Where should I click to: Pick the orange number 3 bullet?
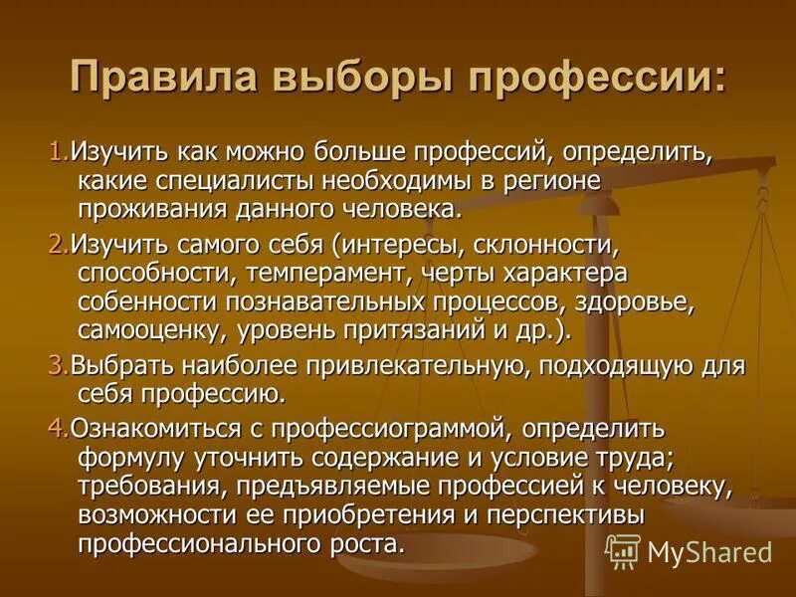tap(54, 365)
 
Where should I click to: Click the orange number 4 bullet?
tap(54, 429)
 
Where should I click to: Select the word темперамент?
tap(305, 274)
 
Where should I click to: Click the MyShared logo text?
tap(708, 551)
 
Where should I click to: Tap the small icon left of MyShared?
tap(622, 550)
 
